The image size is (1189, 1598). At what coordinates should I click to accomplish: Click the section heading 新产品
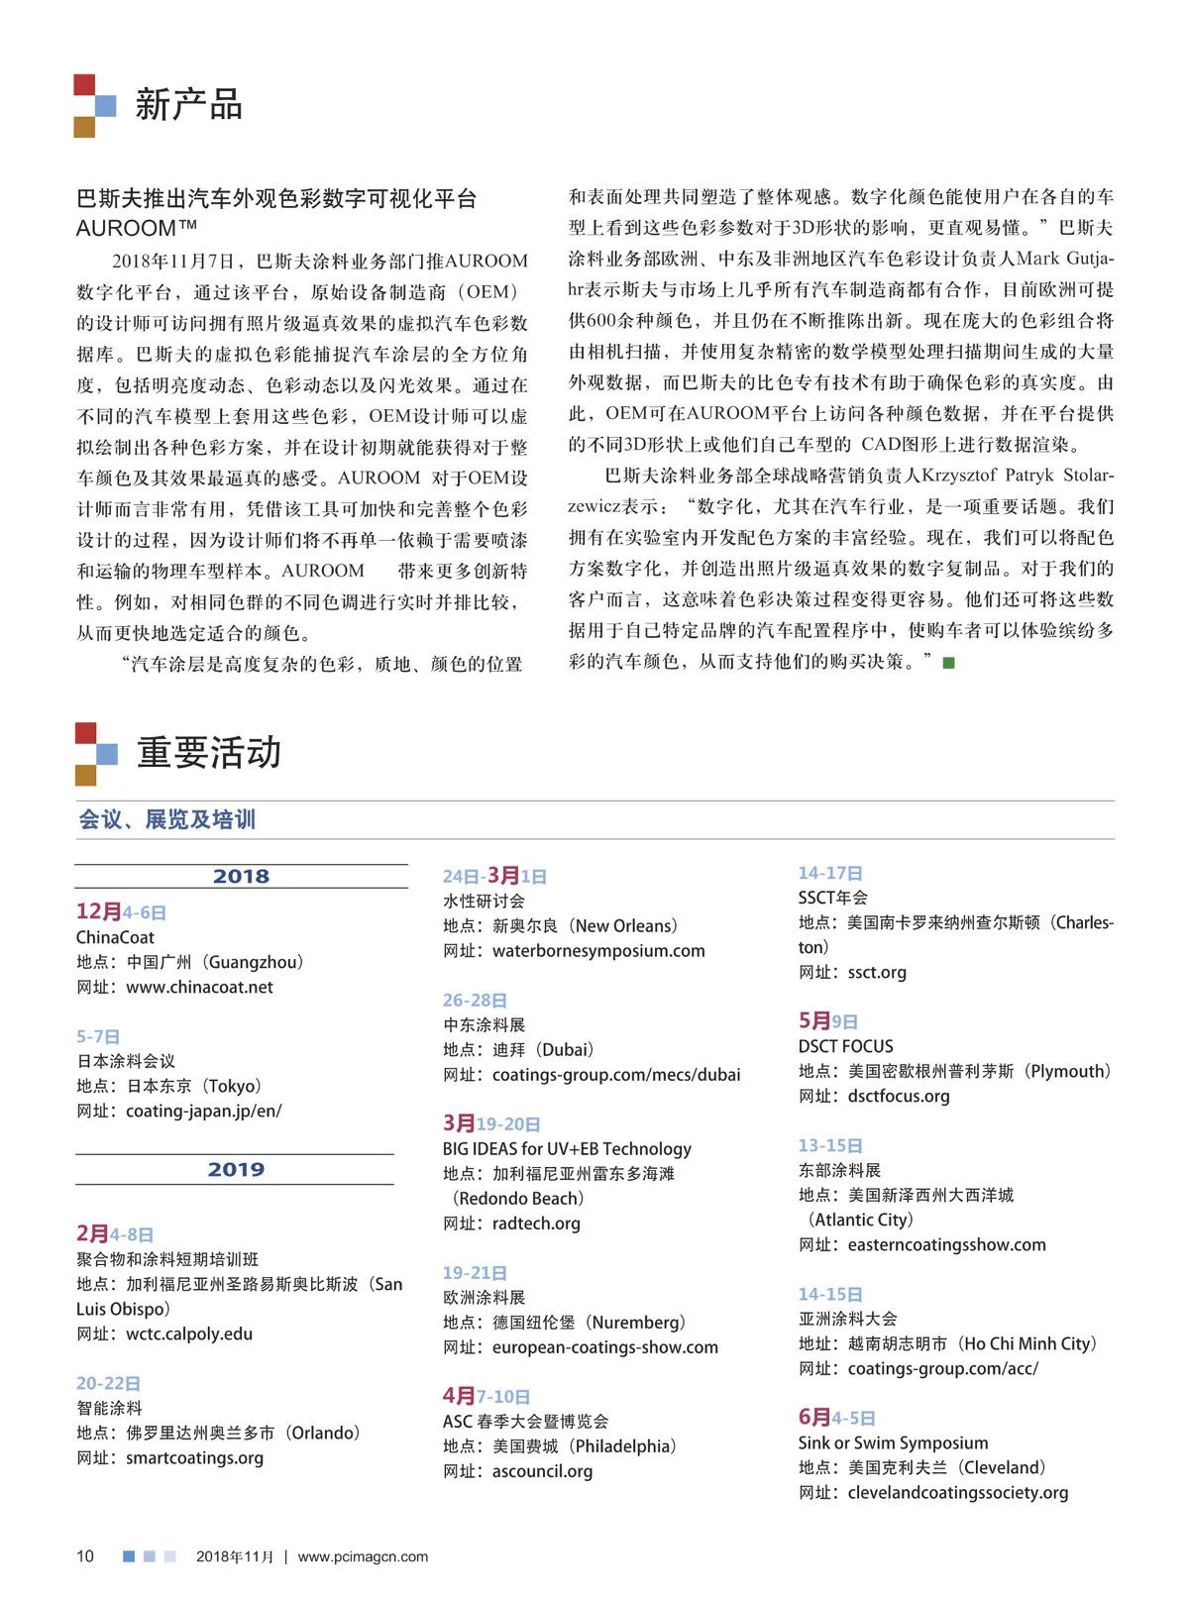(x=188, y=104)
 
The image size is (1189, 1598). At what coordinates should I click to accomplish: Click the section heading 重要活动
(x=208, y=753)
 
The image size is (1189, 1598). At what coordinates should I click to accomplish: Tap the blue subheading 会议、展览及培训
(x=166, y=819)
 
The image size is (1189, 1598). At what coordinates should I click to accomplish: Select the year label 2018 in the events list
(x=241, y=876)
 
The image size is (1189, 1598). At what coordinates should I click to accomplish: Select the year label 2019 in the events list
(x=236, y=1169)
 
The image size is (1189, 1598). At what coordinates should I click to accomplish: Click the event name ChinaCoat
(x=115, y=937)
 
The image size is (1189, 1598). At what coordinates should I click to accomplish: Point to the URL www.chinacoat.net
(x=199, y=987)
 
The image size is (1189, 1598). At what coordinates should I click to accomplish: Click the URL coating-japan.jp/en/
(x=203, y=1111)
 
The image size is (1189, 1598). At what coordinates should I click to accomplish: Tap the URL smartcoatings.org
(x=194, y=1457)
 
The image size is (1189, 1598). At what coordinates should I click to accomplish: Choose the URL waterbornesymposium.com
(x=598, y=950)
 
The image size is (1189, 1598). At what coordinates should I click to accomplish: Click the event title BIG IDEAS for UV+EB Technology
(x=567, y=1148)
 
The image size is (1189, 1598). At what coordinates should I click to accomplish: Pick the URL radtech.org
(x=536, y=1223)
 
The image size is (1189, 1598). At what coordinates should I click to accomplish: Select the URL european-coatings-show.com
(x=604, y=1346)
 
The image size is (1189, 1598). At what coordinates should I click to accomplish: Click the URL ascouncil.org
(x=542, y=1470)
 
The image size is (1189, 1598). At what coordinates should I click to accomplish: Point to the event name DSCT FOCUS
(x=845, y=1046)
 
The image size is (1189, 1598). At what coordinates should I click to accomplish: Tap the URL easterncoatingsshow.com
(x=946, y=1244)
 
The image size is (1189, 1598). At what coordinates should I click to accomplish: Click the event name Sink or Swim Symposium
(x=893, y=1442)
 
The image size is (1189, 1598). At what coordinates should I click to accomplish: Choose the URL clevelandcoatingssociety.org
(x=957, y=1492)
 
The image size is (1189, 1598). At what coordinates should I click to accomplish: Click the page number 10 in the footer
(x=85, y=1556)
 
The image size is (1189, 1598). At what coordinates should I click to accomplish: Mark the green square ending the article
(x=948, y=663)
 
